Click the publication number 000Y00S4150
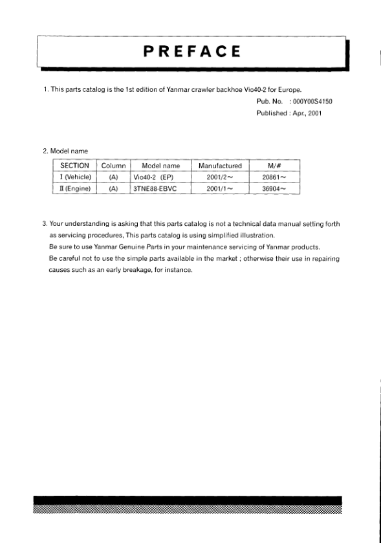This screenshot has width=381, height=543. (x=312, y=102)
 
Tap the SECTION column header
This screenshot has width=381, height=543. (x=74, y=166)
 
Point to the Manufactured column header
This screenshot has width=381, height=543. (x=220, y=166)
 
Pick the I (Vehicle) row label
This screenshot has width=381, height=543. (x=74, y=177)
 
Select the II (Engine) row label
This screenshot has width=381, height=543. (x=74, y=189)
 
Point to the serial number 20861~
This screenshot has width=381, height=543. (x=277, y=177)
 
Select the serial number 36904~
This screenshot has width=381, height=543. (x=277, y=189)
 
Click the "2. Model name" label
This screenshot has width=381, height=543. (x=66, y=151)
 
